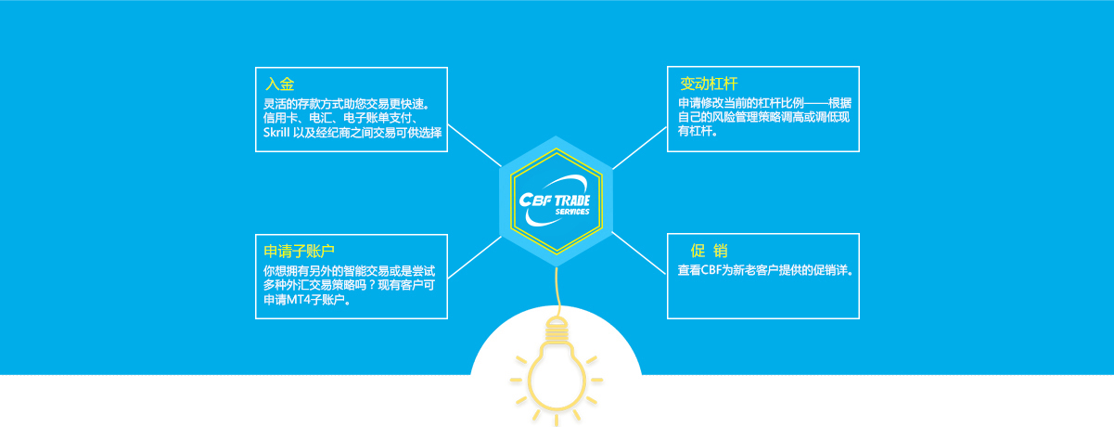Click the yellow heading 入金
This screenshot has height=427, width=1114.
[279, 84]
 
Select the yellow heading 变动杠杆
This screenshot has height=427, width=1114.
[709, 84]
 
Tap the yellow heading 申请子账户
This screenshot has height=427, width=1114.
[299, 251]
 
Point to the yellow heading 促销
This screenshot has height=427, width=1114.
[709, 251]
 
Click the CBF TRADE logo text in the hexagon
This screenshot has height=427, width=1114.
[555, 201]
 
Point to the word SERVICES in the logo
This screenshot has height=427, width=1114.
[572, 212]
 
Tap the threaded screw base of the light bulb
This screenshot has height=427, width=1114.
[557, 330]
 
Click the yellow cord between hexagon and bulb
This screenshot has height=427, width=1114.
[558, 292]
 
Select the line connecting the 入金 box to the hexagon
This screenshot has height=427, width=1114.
[474, 146]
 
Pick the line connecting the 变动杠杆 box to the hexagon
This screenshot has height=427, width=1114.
[640, 149]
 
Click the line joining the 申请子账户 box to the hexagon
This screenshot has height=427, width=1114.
[474, 257]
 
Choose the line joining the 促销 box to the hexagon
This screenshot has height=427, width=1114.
[639, 253]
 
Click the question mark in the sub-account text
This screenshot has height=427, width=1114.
[370, 285]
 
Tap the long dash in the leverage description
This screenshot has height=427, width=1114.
[816, 104]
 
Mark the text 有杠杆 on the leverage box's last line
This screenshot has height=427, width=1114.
[696, 132]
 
